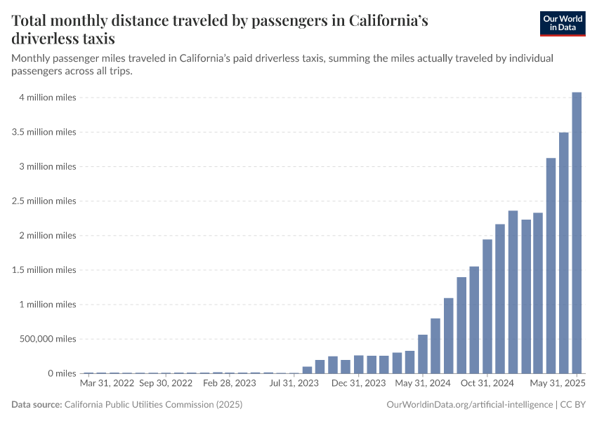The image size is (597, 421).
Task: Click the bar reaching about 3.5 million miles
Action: [563, 253]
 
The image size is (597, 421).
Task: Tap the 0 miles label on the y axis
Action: [62, 373]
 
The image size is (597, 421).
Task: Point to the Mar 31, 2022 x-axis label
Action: [107, 384]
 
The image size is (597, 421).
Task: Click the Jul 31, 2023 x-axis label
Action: [294, 384]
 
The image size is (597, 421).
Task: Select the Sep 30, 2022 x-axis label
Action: [166, 384]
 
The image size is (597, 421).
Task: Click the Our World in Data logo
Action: [562, 23]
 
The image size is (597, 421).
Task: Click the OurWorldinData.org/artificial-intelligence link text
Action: [469, 405]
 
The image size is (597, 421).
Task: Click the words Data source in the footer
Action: [37, 405]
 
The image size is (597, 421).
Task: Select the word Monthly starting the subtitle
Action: [34, 58]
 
